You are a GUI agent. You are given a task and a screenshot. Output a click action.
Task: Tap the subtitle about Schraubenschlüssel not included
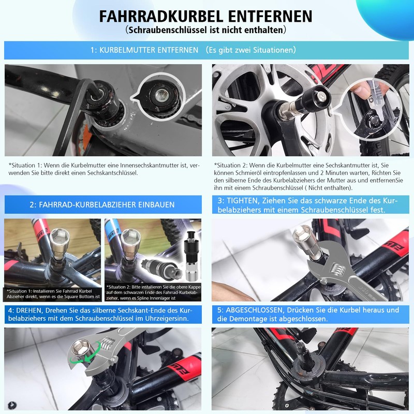pos(206,31)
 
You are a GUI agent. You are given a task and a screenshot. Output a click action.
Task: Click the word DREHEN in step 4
pos(31,309)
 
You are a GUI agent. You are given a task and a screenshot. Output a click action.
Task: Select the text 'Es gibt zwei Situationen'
pos(251,50)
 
